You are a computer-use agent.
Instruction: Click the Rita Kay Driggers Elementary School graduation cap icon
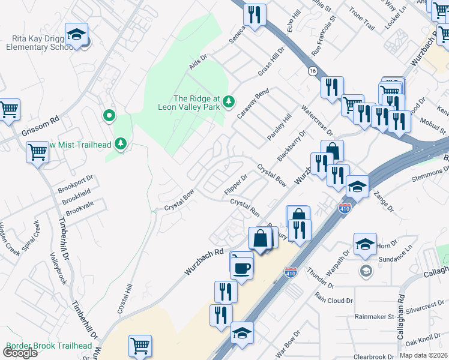(x=77, y=35)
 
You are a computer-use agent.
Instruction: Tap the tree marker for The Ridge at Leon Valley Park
(x=228, y=102)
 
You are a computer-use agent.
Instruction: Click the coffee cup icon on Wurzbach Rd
(x=242, y=267)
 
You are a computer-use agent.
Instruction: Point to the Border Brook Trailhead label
(x=49, y=346)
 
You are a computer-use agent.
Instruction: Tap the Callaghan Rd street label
(x=400, y=313)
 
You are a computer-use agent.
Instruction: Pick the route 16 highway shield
(x=312, y=71)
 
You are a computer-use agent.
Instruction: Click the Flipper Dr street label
(x=235, y=184)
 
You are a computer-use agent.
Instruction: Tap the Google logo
(x=20, y=352)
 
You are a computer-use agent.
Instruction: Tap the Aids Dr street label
(x=197, y=61)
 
